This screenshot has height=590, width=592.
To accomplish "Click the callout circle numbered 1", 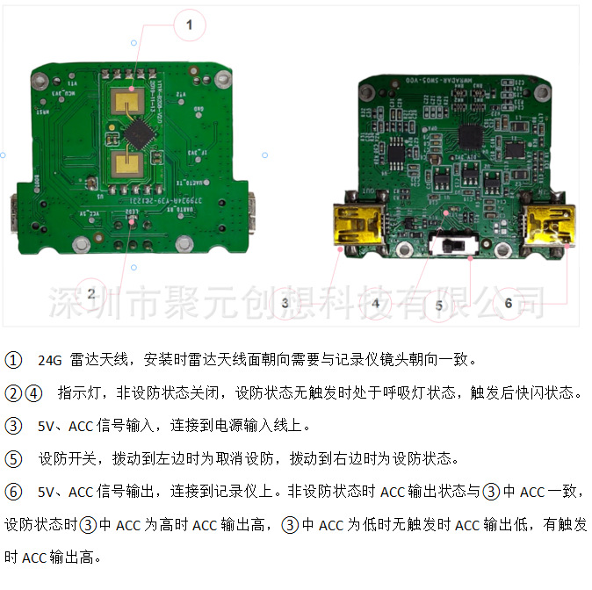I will pyautogui.click(x=188, y=25).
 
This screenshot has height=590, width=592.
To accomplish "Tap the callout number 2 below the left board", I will pyautogui.click(x=90, y=293).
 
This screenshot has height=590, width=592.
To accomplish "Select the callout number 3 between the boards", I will pyautogui.click(x=285, y=303).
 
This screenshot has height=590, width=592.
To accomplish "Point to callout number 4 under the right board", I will pyautogui.click(x=375, y=303).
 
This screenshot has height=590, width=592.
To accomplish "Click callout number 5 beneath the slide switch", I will pyautogui.click(x=439, y=306).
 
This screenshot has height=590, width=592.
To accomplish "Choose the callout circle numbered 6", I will pyautogui.click(x=508, y=303).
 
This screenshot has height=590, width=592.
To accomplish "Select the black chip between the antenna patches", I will pyautogui.click(x=139, y=134).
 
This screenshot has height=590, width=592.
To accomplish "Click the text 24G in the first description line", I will pyautogui.click(x=51, y=360).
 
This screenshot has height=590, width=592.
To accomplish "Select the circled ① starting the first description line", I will pyautogui.click(x=13, y=360).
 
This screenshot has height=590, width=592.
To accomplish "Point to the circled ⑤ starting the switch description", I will pyautogui.click(x=13, y=458).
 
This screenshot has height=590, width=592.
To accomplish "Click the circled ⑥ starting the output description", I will pyautogui.click(x=13, y=491).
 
